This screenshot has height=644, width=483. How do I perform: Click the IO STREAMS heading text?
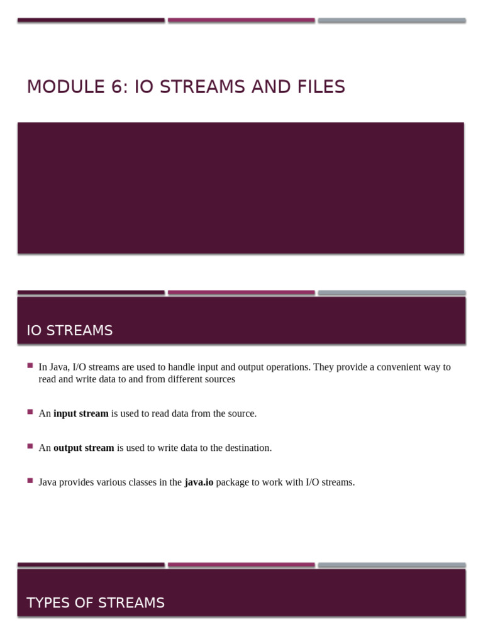(69, 331)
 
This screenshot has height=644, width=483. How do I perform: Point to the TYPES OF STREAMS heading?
(96, 603)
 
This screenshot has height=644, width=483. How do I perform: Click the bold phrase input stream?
(80, 414)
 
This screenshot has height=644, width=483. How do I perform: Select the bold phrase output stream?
(84, 448)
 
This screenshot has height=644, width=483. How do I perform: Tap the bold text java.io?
(199, 482)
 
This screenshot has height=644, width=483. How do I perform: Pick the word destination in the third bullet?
(244, 448)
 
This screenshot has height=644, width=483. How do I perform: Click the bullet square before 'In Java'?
(30, 365)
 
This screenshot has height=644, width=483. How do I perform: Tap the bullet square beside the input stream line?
(30, 412)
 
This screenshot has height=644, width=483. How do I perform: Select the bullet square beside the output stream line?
(30, 446)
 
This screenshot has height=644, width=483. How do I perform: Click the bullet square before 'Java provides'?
(30, 480)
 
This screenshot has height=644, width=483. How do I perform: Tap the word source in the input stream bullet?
(240, 414)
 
